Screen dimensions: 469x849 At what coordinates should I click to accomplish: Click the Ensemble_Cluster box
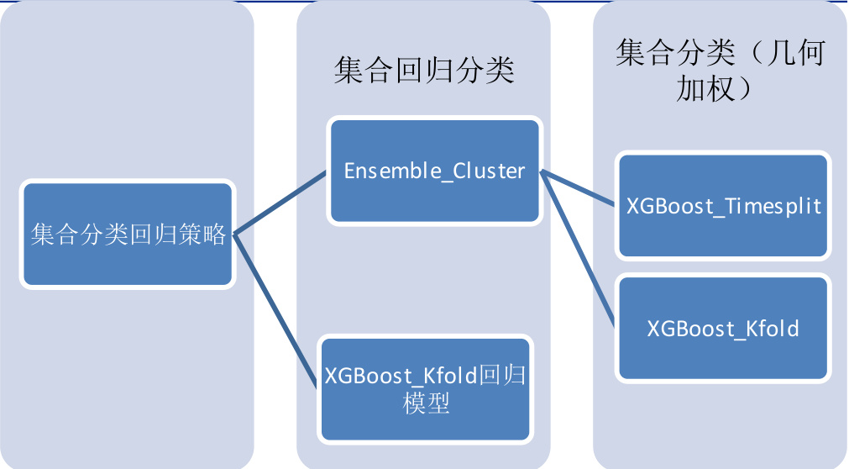pyautogui.click(x=433, y=171)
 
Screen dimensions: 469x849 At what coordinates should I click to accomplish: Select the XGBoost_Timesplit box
pyautogui.click(x=723, y=206)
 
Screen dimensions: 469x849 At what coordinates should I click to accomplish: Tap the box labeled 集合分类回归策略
pyautogui.click(x=127, y=235)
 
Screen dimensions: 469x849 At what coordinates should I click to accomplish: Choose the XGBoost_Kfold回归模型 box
pyautogui.click(x=425, y=388)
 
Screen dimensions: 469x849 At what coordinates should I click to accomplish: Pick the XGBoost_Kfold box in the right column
pyautogui.click(x=723, y=327)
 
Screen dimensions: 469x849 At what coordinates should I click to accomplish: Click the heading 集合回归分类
pyautogui.click(x=424, y=71)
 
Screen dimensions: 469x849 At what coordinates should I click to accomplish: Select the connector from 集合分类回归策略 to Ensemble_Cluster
pyautogui.click(x=280, y=203)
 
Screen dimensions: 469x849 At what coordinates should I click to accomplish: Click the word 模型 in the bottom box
pyautogui.click(x=426, y=403)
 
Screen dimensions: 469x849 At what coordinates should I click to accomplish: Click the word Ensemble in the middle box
pyautogui.click(x=393, y=171)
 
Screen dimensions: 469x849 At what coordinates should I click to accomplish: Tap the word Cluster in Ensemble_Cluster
pyautogui.click(x=489, y=171)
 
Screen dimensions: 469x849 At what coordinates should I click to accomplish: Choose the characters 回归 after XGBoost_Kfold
pyautogui.click(x=502, y=374)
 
